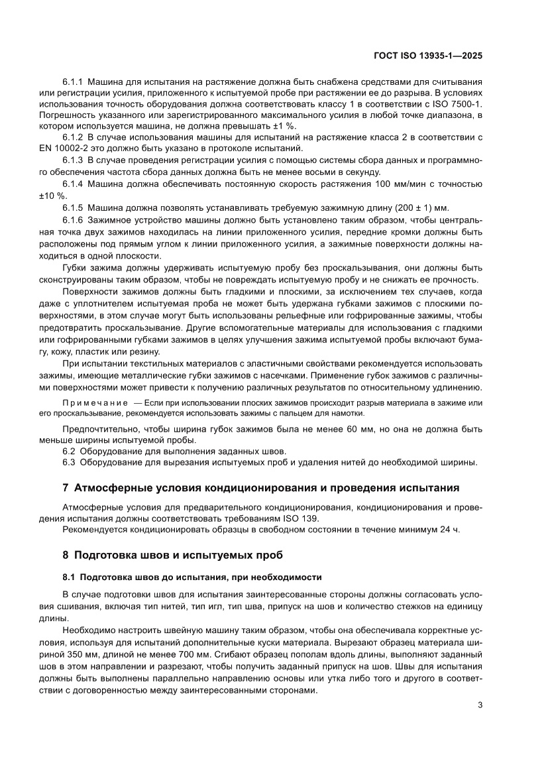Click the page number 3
click(x=479, y=705)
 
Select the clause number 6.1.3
click(x=73, y=159)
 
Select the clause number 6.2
click(x=70, y=451)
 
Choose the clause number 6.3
click(x=70, y=461)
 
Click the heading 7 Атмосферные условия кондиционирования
click(x=260, y=489)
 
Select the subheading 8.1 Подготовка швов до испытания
click(x=192, y=577)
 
